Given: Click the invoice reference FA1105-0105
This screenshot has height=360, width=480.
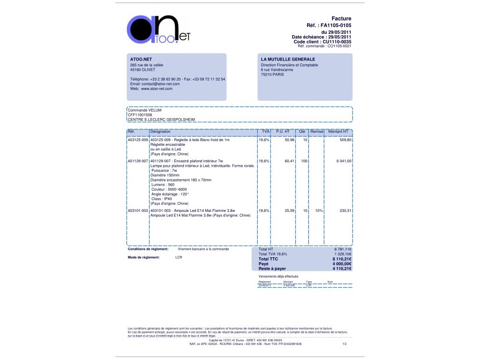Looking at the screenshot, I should point(336,25).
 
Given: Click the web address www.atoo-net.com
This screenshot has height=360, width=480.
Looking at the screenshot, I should point(157,89).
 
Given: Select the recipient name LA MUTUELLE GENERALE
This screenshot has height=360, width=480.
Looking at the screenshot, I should point(288,60).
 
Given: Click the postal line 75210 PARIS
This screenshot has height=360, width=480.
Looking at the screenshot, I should point(272,74).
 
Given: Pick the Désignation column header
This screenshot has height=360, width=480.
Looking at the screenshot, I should point(160,132).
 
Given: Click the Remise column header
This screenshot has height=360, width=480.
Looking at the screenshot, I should point(317,132).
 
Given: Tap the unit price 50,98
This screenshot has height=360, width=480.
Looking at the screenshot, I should point(289,140).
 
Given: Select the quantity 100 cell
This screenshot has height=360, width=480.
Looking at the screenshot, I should point(304,161).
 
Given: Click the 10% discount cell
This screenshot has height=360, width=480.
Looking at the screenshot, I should point(319,210).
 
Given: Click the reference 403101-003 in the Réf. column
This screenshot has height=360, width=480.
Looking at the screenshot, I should point(138,210).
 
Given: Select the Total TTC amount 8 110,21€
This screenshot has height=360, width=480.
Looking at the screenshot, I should point(342,259).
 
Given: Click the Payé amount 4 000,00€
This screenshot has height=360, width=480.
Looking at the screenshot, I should point(342,264).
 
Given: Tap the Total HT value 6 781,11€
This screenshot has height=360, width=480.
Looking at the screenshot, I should point(343,249).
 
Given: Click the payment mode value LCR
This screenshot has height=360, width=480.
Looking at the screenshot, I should point(179,257).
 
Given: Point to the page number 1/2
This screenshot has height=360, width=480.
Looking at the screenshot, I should point(345,344).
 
